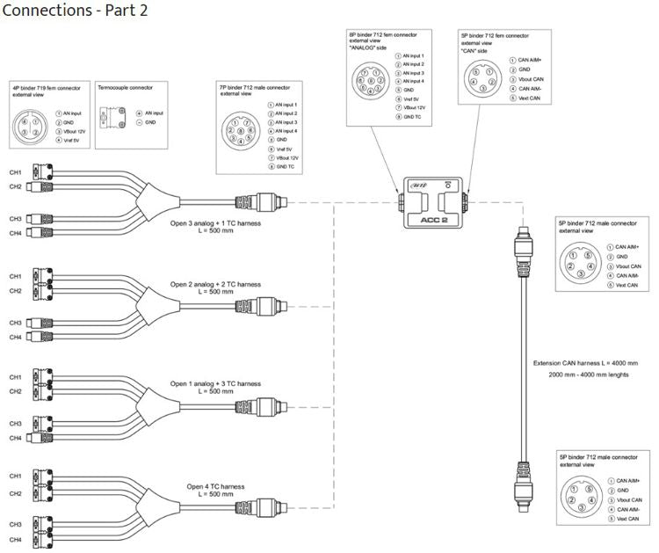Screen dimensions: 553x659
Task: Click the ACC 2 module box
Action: (x=433, y=202)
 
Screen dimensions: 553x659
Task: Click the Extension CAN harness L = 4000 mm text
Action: (x=585, y=362)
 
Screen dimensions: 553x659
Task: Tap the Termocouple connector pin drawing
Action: (x=112, y=119)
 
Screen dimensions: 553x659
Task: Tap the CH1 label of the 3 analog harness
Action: (x=15, y=171)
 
